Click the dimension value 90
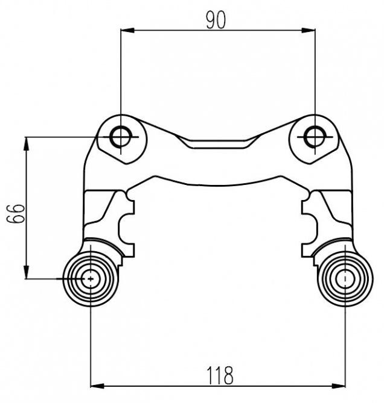(x=216, y=20)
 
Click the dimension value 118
(x=220, y=375)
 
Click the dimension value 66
(x=16, y=214)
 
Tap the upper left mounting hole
(x=121, y=137)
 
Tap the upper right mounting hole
(x=315, y=137)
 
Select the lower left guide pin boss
(x=91, y=279)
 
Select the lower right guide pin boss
(x=345, y=279)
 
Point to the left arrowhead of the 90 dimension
(x=127, y=30)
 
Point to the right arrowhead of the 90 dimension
(x=309, y=30)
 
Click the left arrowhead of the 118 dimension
(x=97, y=386)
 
